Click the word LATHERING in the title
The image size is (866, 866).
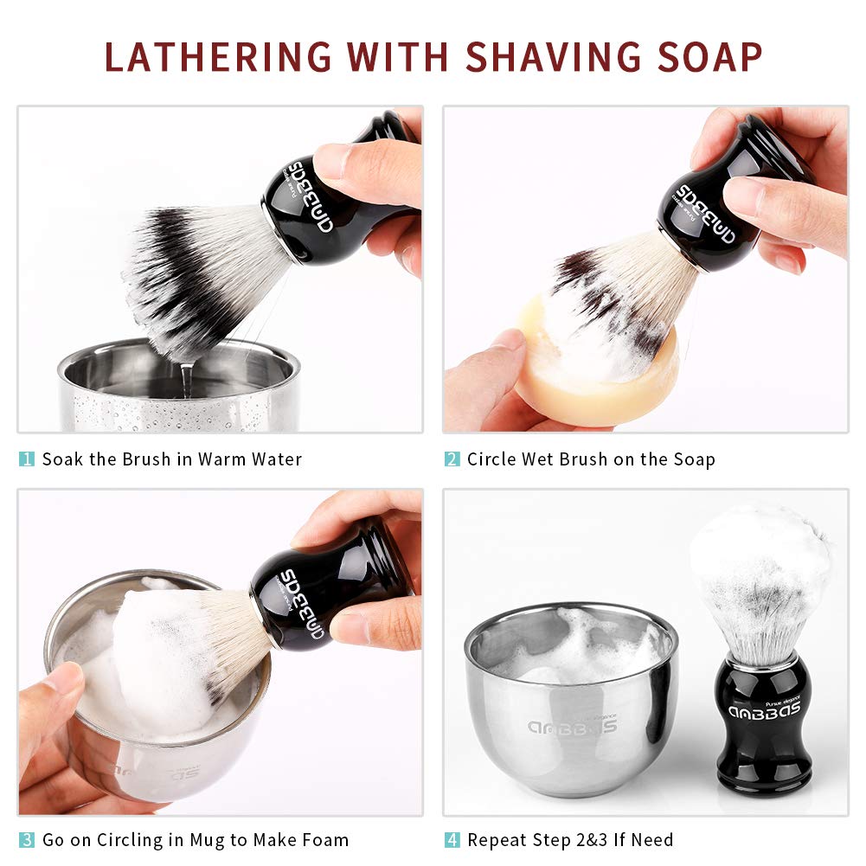pos(218,56)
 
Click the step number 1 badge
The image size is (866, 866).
pos(27,459)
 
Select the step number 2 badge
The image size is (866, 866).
pos(452,459)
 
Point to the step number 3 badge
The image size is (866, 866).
pos(27,839)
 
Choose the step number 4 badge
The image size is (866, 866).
pos(452,839)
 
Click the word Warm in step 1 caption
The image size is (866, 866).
pos(222,459)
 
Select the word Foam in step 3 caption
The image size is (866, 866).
pos(324,839)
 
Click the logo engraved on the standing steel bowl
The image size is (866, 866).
pos(571,725)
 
